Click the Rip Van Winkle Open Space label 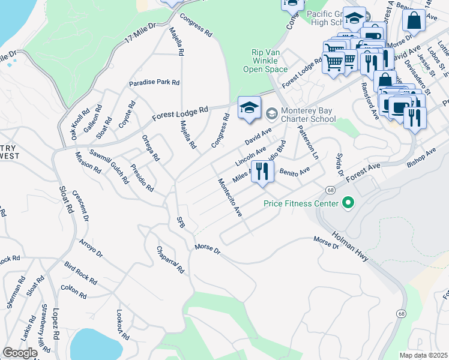[265, 61]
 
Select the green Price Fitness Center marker [346, 203]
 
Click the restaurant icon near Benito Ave [262, 172]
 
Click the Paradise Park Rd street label [154, 83]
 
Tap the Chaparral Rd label [170, 260]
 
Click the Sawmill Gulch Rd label [109, 166]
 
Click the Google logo [20, 353]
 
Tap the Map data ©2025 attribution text [423, 355]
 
